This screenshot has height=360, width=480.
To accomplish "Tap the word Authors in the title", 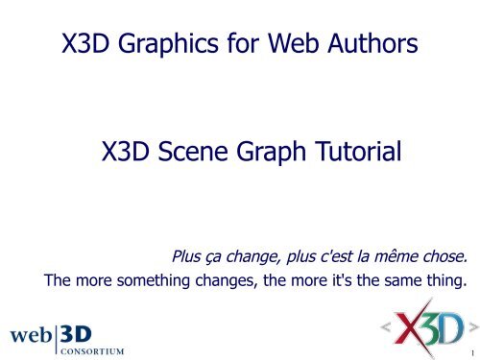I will tap(372, 44).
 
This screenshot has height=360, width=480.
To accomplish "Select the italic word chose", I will tap(441, 257).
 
